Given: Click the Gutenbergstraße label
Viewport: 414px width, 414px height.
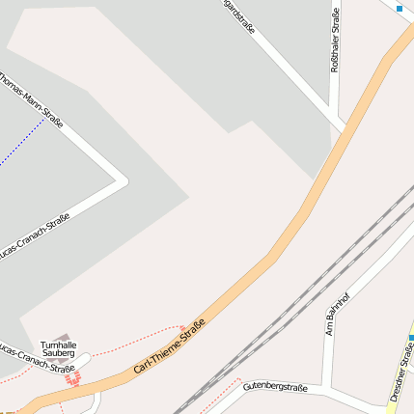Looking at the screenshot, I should coord(275,387).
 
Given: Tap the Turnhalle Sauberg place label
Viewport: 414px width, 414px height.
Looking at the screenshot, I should coord(58,349).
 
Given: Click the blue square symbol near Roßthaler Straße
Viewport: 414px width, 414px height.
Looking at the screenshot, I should coord(399,9).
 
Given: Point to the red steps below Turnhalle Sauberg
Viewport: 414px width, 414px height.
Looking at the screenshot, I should coord(69,378).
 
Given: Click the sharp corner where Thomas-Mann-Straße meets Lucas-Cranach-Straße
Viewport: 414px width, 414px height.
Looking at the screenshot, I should coord(124,179).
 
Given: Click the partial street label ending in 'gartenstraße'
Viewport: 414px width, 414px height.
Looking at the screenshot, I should coord(238,16).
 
